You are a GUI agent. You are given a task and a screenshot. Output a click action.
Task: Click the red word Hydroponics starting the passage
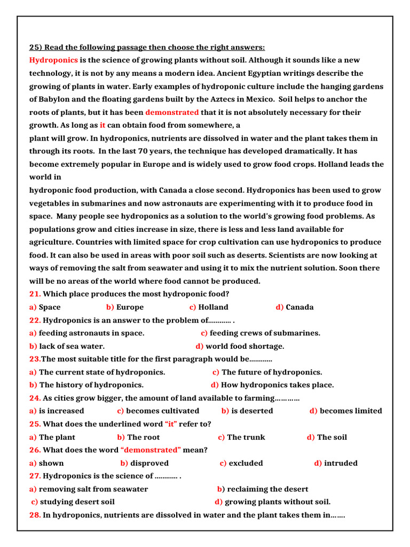[x=53, y=60]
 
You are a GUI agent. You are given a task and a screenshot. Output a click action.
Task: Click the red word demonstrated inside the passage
[x=172, y=112]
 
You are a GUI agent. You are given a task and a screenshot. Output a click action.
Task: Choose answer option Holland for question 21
[x=213, y=307]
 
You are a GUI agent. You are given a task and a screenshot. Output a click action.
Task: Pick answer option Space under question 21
[x=50, y=307]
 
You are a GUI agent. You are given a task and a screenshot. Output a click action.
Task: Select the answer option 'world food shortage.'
[x=245, y=346]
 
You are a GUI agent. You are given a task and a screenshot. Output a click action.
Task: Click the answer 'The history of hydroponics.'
[x=91, y=385]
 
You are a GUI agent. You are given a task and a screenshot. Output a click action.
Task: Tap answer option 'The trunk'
[x=246, y=437]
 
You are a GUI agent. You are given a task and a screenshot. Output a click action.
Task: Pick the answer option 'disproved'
[x=149, y=463]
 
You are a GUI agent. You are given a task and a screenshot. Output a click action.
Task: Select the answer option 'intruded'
[x=341, y=463]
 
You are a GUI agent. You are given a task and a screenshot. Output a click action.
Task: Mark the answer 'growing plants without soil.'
[x=278, y=502]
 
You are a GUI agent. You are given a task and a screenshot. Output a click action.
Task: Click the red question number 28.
[x=35, y=515]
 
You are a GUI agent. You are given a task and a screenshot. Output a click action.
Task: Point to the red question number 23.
[x=35, y=359]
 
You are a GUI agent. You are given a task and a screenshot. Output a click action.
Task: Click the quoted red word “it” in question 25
[x=171, y=424]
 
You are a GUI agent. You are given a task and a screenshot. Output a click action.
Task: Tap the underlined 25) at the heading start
[x=36, y=47]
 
